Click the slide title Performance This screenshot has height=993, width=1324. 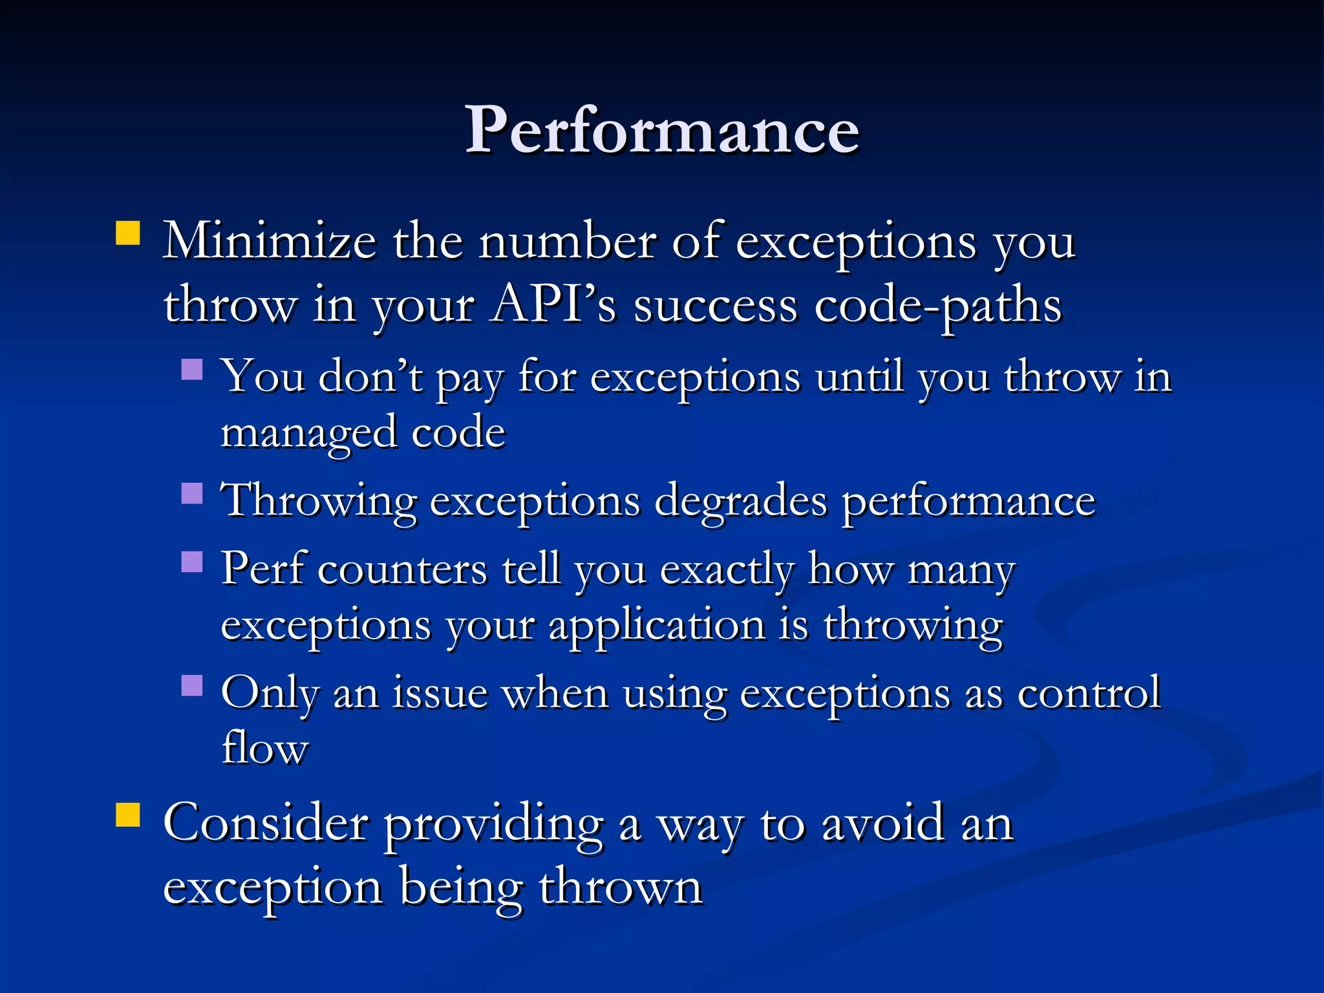pos(662,131)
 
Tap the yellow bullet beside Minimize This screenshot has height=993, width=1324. pos(128,233)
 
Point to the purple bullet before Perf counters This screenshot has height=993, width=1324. pos(192,562)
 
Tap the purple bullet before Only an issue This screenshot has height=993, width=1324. pos(192,685)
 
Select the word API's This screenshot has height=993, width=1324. pos(553,305)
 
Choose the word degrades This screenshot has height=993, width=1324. pos(740,502)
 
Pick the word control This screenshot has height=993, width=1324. pos(1089,694)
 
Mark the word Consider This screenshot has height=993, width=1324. pos(266,824)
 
